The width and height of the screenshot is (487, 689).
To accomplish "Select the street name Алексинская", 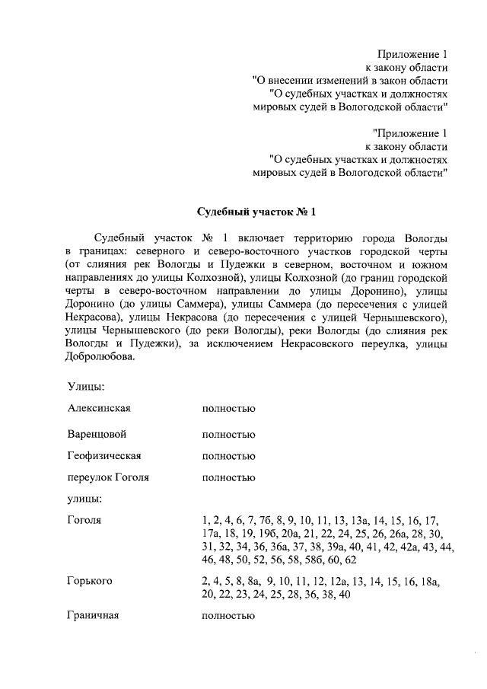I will [x=99, y=407].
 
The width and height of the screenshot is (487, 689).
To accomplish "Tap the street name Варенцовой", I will [x=97, y=434].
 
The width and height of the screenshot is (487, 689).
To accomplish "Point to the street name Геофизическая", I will [x=105, y=456].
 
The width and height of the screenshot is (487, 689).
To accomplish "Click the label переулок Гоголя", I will [x=107, y=477].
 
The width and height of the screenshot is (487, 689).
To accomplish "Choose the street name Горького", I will [x=90, y=581].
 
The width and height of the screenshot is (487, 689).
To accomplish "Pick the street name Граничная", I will [x=94, y=614].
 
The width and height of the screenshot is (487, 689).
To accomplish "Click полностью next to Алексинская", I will [x=228, y=408].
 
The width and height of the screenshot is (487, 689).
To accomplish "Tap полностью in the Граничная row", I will [x=228, y=615].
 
